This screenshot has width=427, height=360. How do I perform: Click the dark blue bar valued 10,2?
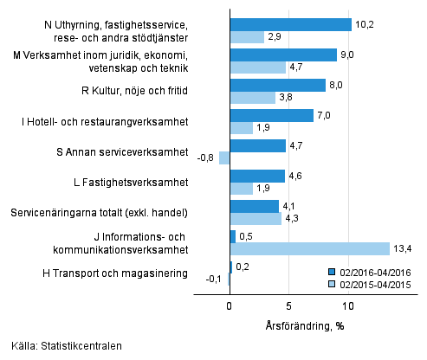pos(290,24)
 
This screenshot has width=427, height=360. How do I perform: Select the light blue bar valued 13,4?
pos(309,249)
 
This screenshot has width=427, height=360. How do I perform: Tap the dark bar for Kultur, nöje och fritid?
pos(277,85)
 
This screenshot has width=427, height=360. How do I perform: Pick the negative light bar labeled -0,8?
pos(224,158)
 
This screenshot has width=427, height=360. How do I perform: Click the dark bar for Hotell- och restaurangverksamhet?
pos(271,115)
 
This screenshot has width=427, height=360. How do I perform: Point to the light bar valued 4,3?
pos(255,219)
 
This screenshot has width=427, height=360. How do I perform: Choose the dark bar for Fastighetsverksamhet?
pos(257,176)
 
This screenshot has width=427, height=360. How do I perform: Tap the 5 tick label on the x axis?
pos(288,305)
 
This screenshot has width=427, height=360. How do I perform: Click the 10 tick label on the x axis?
pos(348,305)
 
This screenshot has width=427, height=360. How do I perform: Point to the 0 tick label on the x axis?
pos(230,305)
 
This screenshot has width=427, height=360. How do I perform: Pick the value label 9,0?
pos(347,55)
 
